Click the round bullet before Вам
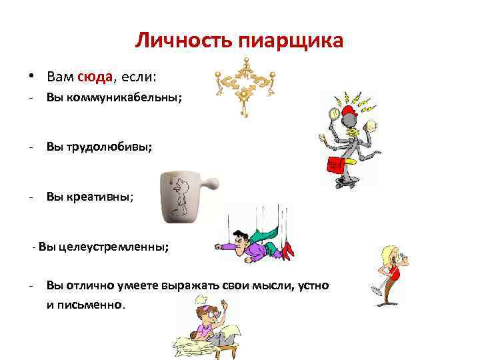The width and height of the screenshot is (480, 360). pyautogui.click(x=32, y=77)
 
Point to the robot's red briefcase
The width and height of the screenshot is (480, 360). pyautogui.click(x=336, y=165)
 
